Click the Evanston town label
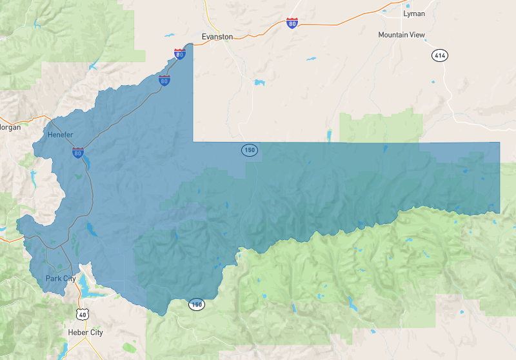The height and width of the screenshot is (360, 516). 217,37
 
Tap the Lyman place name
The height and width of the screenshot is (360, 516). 413,13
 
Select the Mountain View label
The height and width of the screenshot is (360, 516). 402,35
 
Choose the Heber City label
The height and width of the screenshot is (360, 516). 86,332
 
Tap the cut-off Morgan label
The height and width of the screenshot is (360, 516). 10,127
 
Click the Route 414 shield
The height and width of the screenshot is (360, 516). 440,56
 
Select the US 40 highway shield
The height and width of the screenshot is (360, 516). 81,314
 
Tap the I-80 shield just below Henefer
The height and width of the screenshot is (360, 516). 77,153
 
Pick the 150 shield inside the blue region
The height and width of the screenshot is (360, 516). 250,150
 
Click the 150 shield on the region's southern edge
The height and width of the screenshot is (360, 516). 196,304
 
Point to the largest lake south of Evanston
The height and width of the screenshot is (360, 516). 259,83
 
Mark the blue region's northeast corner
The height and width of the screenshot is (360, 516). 499,143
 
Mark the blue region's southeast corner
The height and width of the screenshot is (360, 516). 499,213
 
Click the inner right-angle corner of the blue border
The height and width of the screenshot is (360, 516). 193,141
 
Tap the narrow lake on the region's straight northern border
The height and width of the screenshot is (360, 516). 329,135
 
